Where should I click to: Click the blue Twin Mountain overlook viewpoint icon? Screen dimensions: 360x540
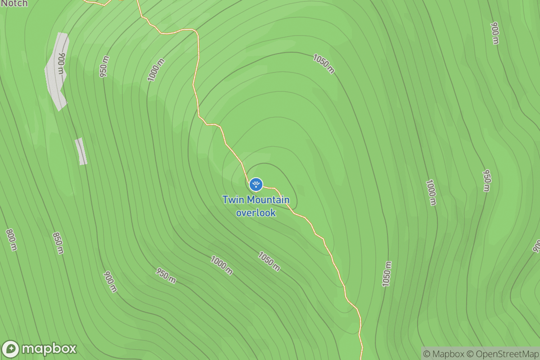(256, 184)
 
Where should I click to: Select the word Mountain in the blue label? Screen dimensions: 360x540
(268, 200)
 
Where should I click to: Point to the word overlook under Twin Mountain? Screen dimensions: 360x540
(256, 212)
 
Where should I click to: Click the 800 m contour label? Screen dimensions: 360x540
(11, 239)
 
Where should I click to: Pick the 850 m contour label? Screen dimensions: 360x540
(58, 243)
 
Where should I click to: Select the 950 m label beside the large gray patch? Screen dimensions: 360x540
(104, 68)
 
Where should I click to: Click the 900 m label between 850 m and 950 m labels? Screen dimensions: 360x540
(110, 282)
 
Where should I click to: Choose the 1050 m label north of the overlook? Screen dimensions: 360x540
(324, 63)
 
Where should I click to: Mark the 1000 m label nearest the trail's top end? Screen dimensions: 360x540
(156, 70)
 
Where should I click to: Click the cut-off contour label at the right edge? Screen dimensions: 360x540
(536, 246)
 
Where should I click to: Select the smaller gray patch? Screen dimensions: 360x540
(81, 151)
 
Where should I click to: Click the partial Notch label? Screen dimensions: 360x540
(14, 4)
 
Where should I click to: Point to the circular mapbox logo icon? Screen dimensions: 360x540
(11, 349)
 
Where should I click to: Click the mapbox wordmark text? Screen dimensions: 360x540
(49, 349)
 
